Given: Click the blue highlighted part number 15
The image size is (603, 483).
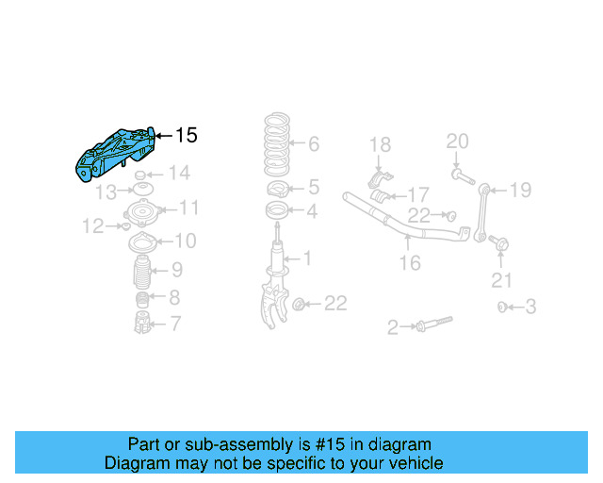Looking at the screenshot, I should pos(116,154).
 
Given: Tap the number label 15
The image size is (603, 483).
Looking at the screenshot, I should pos(187,136).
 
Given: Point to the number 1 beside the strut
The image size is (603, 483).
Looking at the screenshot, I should pos(306,258).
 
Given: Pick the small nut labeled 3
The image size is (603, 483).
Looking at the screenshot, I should pos(503,307).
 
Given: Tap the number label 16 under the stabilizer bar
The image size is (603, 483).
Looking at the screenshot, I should pos(410,263).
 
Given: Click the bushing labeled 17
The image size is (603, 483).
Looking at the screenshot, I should pos(383,196).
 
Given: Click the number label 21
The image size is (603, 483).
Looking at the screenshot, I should pos(502,279).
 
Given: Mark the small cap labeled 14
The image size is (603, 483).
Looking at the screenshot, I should pos(140,176).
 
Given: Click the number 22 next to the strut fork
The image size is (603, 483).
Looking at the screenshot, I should pos(334,303).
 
